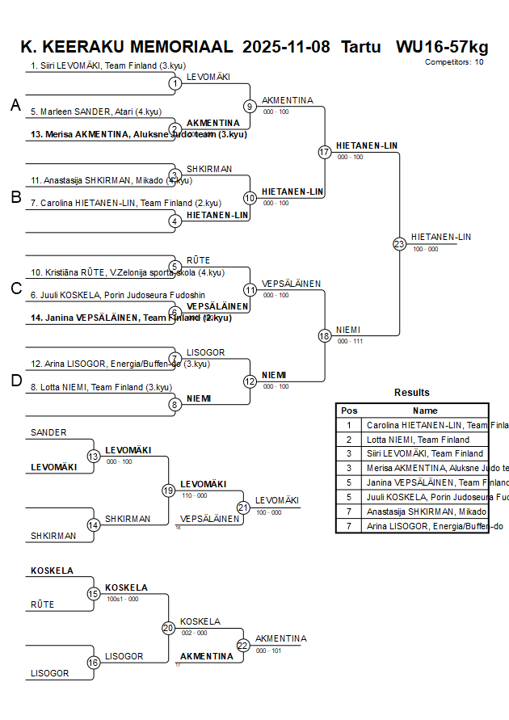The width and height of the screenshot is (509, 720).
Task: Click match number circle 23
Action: (399, 244)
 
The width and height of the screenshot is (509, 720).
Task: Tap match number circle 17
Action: (325, 152)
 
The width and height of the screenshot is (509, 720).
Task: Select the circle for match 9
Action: (250, 106)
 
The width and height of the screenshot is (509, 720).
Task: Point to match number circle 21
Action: (243, 507)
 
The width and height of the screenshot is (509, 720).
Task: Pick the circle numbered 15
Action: (93, 594)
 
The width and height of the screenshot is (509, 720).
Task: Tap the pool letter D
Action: (15, 381)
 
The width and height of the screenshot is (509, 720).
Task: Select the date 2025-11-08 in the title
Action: (286, 46)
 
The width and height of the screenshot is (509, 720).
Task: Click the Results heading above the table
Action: (412, 393)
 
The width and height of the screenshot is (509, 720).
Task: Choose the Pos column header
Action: (349, 411)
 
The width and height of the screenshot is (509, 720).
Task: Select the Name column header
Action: (425, 411)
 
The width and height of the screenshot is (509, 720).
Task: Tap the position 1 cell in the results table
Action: (349, 425)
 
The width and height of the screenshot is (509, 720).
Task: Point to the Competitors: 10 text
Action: (454, 61)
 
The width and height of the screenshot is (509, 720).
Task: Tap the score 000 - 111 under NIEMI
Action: (350, 341)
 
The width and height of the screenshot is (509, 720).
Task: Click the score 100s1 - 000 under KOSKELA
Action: (122, 599)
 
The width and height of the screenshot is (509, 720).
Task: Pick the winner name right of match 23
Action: (440, 237)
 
